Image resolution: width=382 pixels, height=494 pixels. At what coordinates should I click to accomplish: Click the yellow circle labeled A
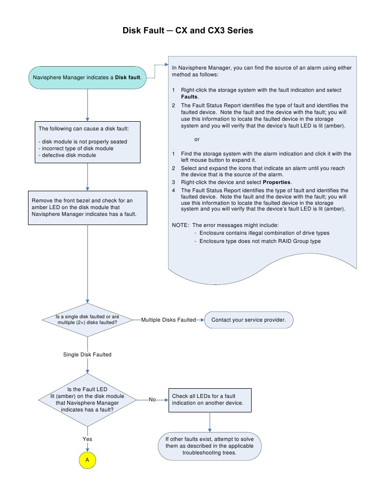coord(87,460)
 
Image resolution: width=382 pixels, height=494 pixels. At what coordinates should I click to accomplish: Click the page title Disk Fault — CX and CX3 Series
coord(188,30)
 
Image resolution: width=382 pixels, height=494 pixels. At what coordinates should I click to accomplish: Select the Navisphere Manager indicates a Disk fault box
coord(87,77)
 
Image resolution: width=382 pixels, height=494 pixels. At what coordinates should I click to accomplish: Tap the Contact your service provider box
coord(249,320)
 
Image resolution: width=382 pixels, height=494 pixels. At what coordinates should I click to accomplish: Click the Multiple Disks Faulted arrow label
coord(169,320)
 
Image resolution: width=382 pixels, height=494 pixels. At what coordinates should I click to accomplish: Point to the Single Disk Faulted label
coord(87,354)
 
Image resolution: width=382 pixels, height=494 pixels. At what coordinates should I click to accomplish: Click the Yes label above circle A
coord(87,439)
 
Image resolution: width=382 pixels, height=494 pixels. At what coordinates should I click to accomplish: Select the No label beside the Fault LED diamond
coord(152,399)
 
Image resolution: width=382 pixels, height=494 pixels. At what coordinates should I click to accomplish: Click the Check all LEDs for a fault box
coord(210,399)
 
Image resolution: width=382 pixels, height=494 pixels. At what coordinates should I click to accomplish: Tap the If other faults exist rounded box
coord(210,446)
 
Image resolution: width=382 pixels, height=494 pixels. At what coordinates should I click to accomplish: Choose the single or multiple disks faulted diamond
coord(87,320)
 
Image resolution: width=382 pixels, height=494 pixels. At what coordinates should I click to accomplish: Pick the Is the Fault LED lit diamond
coord(87,399)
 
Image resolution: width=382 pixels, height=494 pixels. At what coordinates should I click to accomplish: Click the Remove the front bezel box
coord(87,207)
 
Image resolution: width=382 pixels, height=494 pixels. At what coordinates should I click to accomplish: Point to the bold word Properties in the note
coord(277,182)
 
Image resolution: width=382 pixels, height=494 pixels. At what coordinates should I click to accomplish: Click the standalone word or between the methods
coord(197,140)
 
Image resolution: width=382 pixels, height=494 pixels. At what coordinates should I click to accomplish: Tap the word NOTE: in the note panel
coord(181,225)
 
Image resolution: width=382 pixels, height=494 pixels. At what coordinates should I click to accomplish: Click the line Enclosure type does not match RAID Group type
coord(260,240)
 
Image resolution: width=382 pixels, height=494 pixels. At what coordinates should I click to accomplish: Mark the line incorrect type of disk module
coord(76,148)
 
